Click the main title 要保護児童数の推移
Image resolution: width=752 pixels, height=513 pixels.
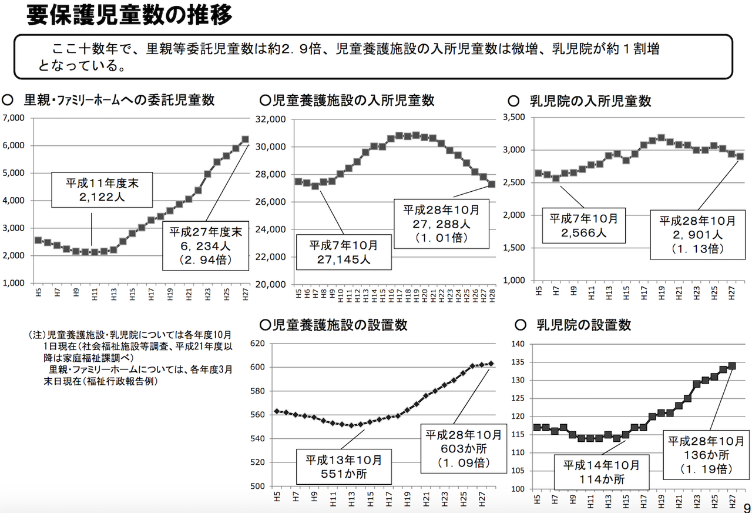point(129,15)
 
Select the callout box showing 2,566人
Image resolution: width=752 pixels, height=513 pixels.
point(583,225)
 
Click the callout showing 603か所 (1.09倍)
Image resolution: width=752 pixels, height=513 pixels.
point(464,449)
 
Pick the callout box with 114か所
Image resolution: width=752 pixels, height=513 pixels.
point(602,472)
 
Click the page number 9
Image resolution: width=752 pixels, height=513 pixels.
point(747,507)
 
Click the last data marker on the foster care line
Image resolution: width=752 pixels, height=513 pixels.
point(245,139)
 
